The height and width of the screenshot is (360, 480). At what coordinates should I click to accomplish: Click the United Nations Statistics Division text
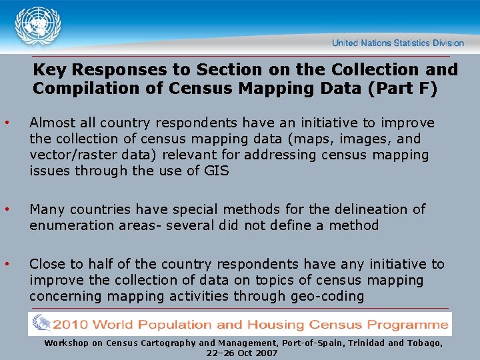click(x=397, y=43)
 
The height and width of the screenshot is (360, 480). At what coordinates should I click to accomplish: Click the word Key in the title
click(x=49, y=69)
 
